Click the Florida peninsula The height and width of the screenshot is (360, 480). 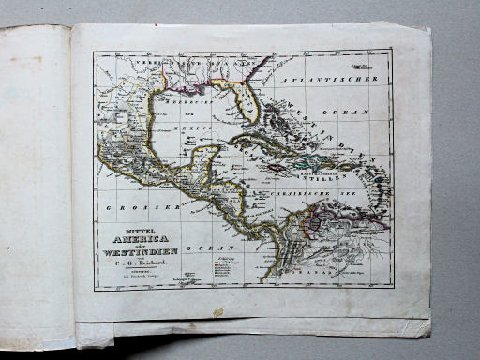pos(247,105)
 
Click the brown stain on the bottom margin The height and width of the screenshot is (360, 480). pos(217,312)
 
